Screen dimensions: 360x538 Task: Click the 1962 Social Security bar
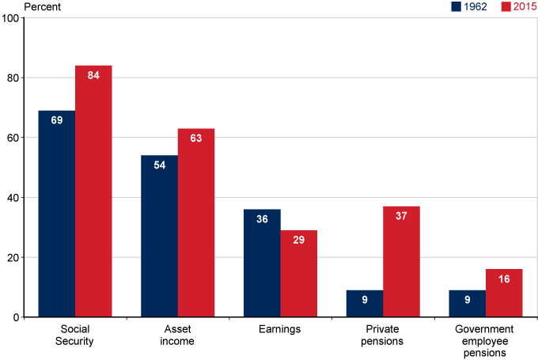pos(57,214)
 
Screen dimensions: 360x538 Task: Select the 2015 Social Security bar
pos(93,191)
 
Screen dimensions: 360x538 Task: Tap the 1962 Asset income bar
pos(159,236)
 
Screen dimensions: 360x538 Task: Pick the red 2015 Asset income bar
pos(196,222)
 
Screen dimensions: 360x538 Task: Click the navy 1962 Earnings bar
pos(262,263)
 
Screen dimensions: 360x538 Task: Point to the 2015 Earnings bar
pos(298,274)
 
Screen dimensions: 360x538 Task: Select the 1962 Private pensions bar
pos(365,304)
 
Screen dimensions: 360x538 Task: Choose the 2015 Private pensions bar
pos(401,261)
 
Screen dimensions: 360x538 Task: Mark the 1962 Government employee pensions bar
pos(467,304)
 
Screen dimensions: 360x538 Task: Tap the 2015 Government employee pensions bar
pos(504,293)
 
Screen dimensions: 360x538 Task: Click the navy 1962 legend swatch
pos(457,7)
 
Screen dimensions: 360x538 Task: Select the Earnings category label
pos(280,329)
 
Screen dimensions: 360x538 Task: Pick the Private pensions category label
pos(383,335)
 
